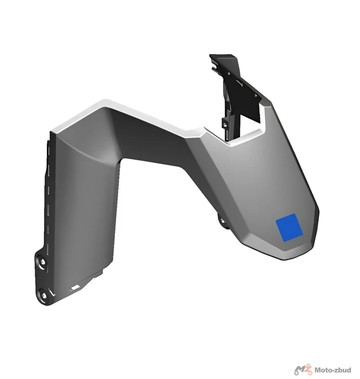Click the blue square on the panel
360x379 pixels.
point(289,227)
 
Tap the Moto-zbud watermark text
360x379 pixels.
point(333,370)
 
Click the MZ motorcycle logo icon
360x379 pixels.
point(303,370)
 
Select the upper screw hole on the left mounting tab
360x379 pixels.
point(43,262)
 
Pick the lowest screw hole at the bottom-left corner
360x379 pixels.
point(44,296)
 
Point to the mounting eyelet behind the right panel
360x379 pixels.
point(222,221)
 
